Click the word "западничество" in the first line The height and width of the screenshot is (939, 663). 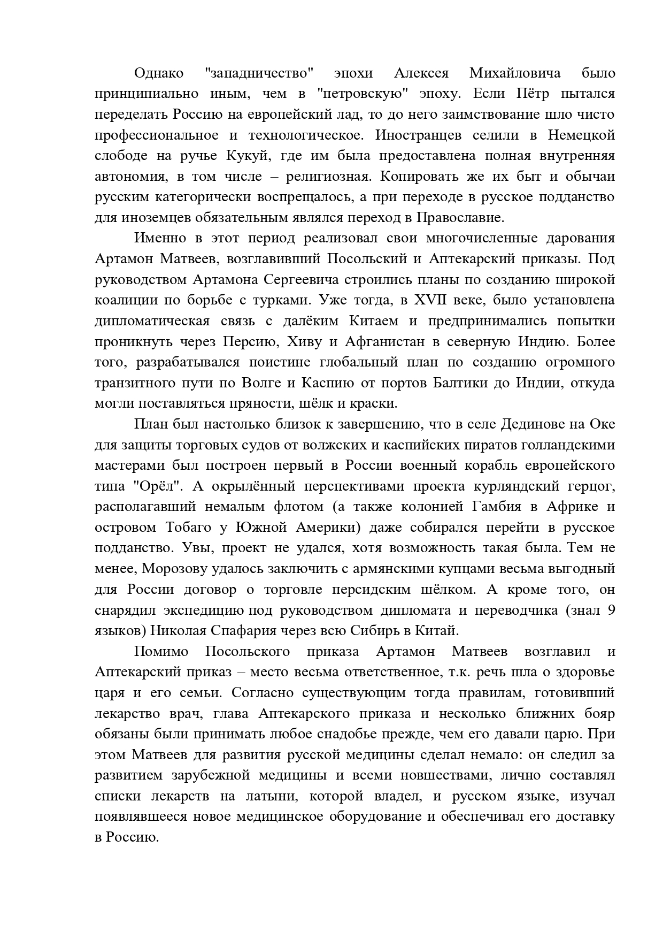[259, 73]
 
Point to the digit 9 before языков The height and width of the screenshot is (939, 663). [610, 610]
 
